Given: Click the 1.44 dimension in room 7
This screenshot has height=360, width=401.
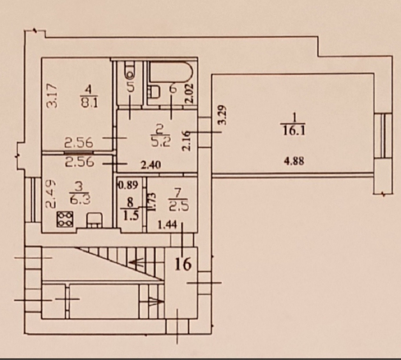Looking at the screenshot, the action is (x=167, y=224).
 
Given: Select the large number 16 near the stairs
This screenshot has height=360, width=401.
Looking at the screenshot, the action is (x=183, y=264).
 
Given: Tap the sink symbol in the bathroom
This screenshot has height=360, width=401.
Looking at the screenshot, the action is (x=154, y=93).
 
